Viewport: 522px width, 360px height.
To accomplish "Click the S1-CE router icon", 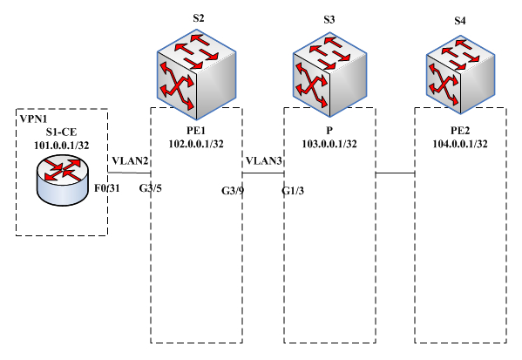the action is [63, 180].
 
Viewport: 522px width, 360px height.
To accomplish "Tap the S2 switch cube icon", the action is [196, 75].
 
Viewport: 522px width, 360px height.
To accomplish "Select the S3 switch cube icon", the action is [329, 74].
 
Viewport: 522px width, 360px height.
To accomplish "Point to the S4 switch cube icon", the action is [460, 74].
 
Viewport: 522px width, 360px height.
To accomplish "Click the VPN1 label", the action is [34, 119].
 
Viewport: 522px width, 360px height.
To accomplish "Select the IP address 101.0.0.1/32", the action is [62, 146].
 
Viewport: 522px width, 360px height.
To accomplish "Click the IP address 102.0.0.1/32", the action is [196, 144].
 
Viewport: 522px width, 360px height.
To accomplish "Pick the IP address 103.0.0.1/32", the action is [329, 144].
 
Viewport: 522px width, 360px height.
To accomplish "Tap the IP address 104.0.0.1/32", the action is [460, 144].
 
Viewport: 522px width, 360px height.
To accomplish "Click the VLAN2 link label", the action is [130, 161].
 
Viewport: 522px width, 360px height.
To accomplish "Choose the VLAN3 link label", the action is [264, 161].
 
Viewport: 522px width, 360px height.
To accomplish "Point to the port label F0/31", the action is [107, 188].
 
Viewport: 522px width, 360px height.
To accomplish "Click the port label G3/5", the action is [151, 188].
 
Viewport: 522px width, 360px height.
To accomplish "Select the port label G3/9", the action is [233, 191].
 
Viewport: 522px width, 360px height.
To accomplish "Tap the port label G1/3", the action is [293, 191].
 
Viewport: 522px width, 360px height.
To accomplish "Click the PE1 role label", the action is [196, 131].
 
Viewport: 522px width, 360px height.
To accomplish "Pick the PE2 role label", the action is [460, 131].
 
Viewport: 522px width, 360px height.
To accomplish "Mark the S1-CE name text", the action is [62, 132].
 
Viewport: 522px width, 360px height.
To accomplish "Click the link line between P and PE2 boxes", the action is [395, 173].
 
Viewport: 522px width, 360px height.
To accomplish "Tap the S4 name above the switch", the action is [460, 21].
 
